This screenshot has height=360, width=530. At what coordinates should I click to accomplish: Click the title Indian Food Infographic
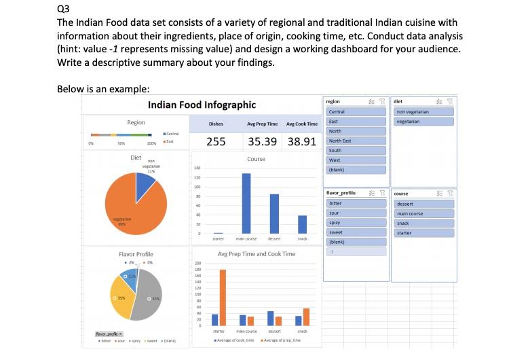(202, 105)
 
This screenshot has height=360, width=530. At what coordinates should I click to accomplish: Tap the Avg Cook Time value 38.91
(302, 141)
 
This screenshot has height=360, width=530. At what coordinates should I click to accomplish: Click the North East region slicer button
(355, 141)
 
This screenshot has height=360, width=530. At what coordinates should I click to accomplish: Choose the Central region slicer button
(355, 111)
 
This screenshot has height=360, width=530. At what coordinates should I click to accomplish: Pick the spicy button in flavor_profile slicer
(355, 222)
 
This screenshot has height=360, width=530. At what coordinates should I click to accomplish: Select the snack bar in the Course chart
(302, 224)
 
